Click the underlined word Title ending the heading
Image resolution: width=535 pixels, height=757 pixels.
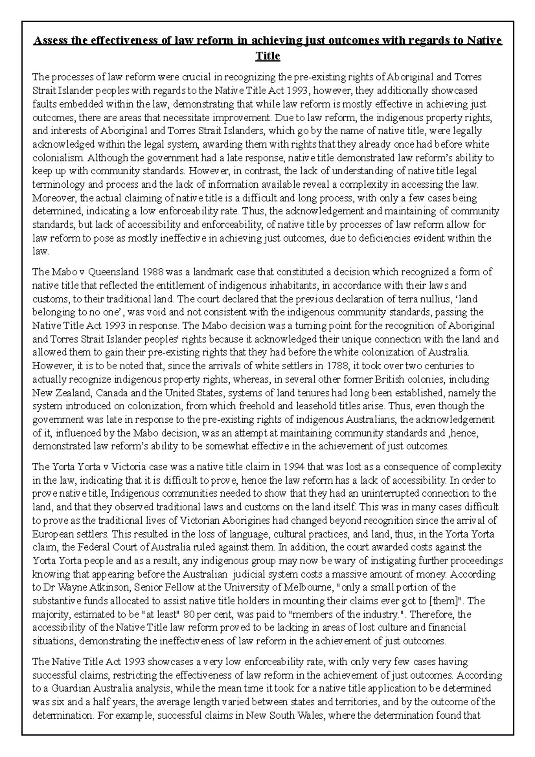pyautogui.click(x=267, y=56)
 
